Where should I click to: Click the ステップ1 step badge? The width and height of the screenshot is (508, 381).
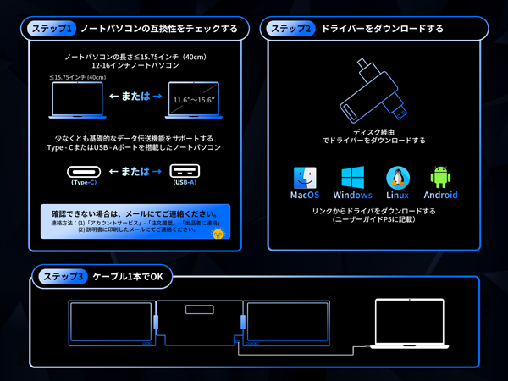coord(52,29)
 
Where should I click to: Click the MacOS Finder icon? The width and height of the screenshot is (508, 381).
coord(305,177)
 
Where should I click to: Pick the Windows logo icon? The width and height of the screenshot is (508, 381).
coord(352,177)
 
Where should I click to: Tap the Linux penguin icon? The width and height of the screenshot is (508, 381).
coord(397,177)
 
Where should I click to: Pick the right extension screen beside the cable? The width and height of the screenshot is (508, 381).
coord(285,323)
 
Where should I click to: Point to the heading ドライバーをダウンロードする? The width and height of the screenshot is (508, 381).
coord(382,29)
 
